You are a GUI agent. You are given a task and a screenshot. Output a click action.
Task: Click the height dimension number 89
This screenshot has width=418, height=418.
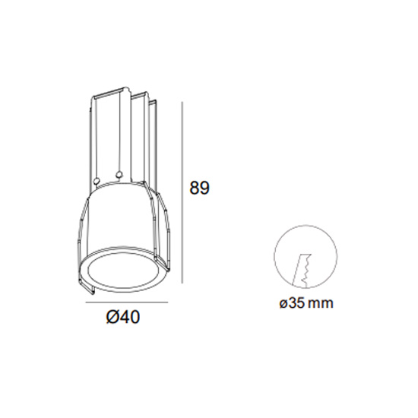(199, 188)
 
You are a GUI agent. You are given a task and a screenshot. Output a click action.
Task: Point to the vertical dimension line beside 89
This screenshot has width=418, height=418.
(182, 192)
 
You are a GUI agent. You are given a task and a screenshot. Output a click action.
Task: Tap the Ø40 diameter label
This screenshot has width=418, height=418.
(123, 317)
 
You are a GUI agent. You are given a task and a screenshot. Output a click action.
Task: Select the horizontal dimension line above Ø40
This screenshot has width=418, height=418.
(127, 302)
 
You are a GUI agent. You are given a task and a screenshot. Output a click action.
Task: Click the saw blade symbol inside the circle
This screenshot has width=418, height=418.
(302, 271)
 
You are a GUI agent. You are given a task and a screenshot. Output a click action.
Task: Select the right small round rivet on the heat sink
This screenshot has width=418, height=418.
(119, 175)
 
